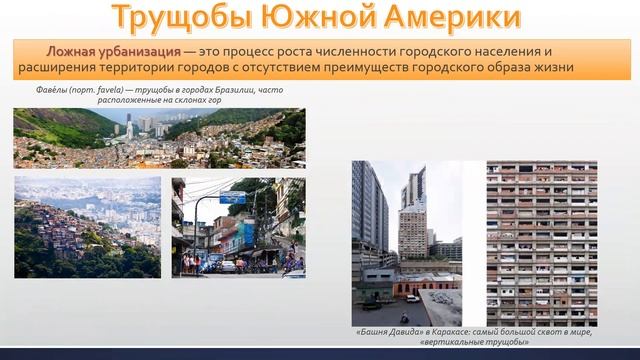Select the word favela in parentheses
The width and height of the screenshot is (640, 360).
click(x=107, y=88)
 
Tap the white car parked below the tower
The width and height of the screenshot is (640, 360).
click(x=412, y=296)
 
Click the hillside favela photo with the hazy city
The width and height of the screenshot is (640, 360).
click(x=87, y=227)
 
